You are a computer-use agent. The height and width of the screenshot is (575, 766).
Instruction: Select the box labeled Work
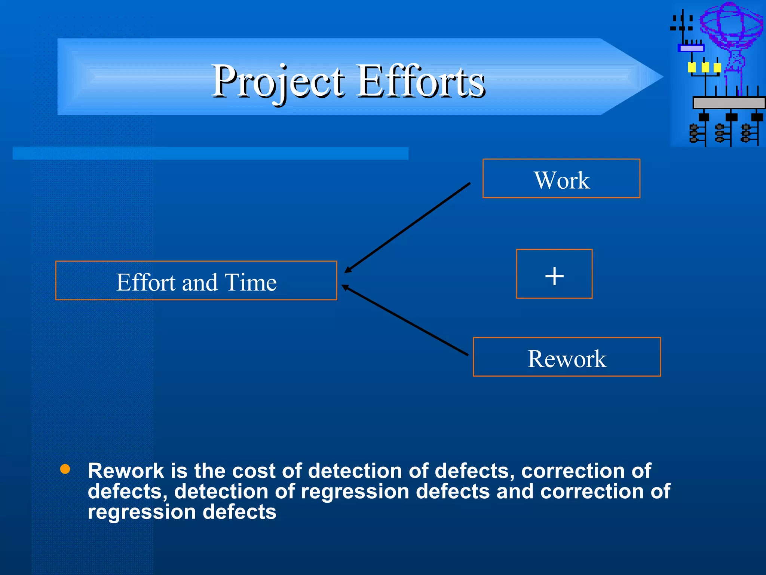tap(561, 179)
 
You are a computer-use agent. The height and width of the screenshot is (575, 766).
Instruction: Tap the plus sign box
tap(554, 274)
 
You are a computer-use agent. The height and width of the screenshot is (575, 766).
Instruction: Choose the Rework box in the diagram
tap(566, 357)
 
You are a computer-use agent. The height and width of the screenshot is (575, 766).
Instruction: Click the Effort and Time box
tap(196, 281)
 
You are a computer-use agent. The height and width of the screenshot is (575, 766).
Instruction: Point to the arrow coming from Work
tap(408, 227)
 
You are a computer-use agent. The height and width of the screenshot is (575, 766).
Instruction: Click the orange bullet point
tap(65, 469)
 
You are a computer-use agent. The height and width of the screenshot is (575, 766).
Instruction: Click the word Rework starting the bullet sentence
tap(126, 471)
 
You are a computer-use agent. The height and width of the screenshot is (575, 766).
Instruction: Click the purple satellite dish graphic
tap(731, 26)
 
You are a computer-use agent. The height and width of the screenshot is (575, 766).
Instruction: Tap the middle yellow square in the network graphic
tap(705, 67)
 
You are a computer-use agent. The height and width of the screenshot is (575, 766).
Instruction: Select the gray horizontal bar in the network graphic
tap(729, 103)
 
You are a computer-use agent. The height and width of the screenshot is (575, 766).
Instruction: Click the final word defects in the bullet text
tap(239, 512)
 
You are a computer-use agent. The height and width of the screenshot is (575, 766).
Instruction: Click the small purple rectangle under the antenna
tap(691, 48)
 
